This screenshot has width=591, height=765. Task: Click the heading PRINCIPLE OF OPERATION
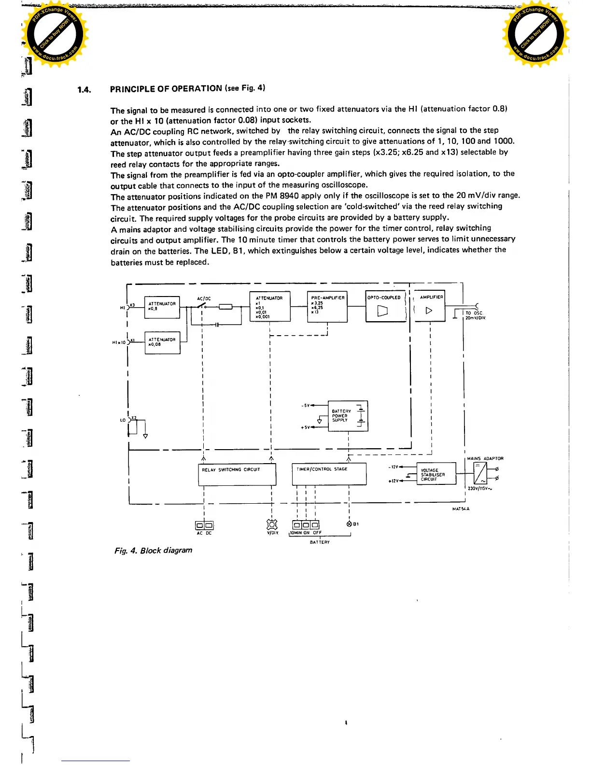[166, 89]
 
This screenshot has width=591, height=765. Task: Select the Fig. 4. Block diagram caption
[153, 550]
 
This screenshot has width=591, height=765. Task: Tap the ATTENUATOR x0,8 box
[162, 307]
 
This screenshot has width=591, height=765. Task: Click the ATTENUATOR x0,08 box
[162, 343]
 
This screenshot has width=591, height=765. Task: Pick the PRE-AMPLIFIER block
[327, 306]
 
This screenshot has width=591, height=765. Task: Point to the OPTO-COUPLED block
[385, 306]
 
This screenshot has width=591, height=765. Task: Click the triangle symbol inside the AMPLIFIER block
[429, 310]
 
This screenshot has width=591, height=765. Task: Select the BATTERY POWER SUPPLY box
[348, 416]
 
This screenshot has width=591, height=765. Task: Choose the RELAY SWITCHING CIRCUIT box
[237, 474]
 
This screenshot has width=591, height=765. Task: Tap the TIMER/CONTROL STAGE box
[329, 474]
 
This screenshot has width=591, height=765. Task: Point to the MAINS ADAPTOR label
[485, 458]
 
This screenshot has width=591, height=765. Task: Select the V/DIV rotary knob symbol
[272, 524]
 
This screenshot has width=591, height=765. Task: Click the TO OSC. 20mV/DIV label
[475, 315]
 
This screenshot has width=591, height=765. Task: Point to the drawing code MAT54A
[461, 509]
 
